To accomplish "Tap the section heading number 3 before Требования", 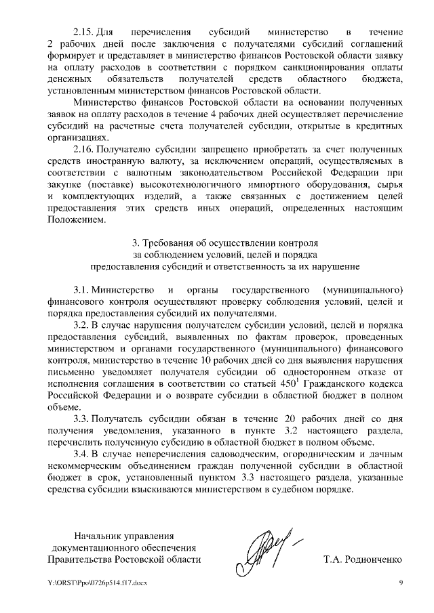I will point(132,242).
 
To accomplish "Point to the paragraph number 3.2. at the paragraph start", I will point(82,326).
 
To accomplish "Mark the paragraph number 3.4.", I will point(82,453).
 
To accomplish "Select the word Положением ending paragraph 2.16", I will point(76,219).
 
